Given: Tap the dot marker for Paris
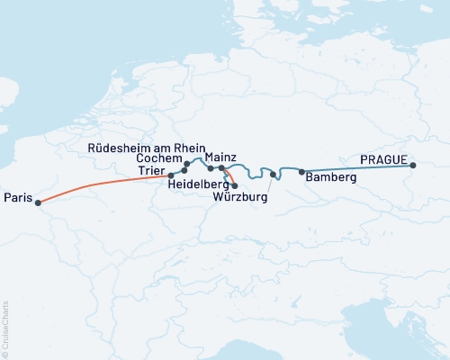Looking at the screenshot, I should click(x=38, y=202).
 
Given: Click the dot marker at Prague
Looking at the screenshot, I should click(x=413, y=166).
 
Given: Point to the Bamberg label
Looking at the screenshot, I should click(x=331, y=178).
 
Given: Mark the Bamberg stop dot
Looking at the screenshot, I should click(x=301, y=172).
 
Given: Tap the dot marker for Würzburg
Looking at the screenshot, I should click(x=273, y=174).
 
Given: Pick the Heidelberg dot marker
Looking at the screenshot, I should click(x=235, y=185).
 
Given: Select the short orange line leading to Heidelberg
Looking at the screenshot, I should click(x=229, y=177).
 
